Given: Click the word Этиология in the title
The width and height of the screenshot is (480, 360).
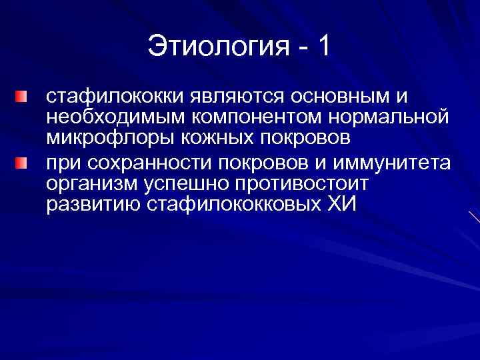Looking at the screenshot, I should click(216, 47).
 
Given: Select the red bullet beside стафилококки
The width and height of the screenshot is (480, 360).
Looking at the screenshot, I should click(23, 99).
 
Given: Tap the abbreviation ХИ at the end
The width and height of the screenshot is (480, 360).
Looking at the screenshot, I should click(343, 204).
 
